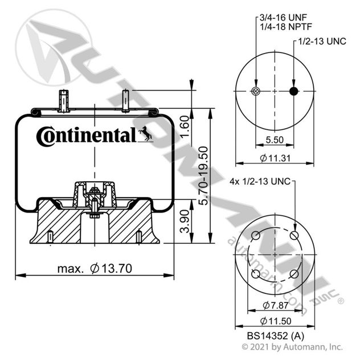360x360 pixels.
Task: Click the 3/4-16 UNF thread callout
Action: tap(283, 18)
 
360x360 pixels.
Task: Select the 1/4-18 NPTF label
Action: tap(286, 27)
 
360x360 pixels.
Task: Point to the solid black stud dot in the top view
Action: tap(294, 91)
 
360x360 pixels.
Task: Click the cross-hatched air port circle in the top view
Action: tap(256, 91)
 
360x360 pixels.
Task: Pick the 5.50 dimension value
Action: tap(275, 140)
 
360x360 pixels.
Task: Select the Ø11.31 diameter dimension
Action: tap(275, 158)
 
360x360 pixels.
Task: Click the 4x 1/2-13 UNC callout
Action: tap(260, 181)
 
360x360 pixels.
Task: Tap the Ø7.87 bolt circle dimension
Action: tap(275, 305)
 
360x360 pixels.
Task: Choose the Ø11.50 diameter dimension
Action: tap(276, 321)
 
